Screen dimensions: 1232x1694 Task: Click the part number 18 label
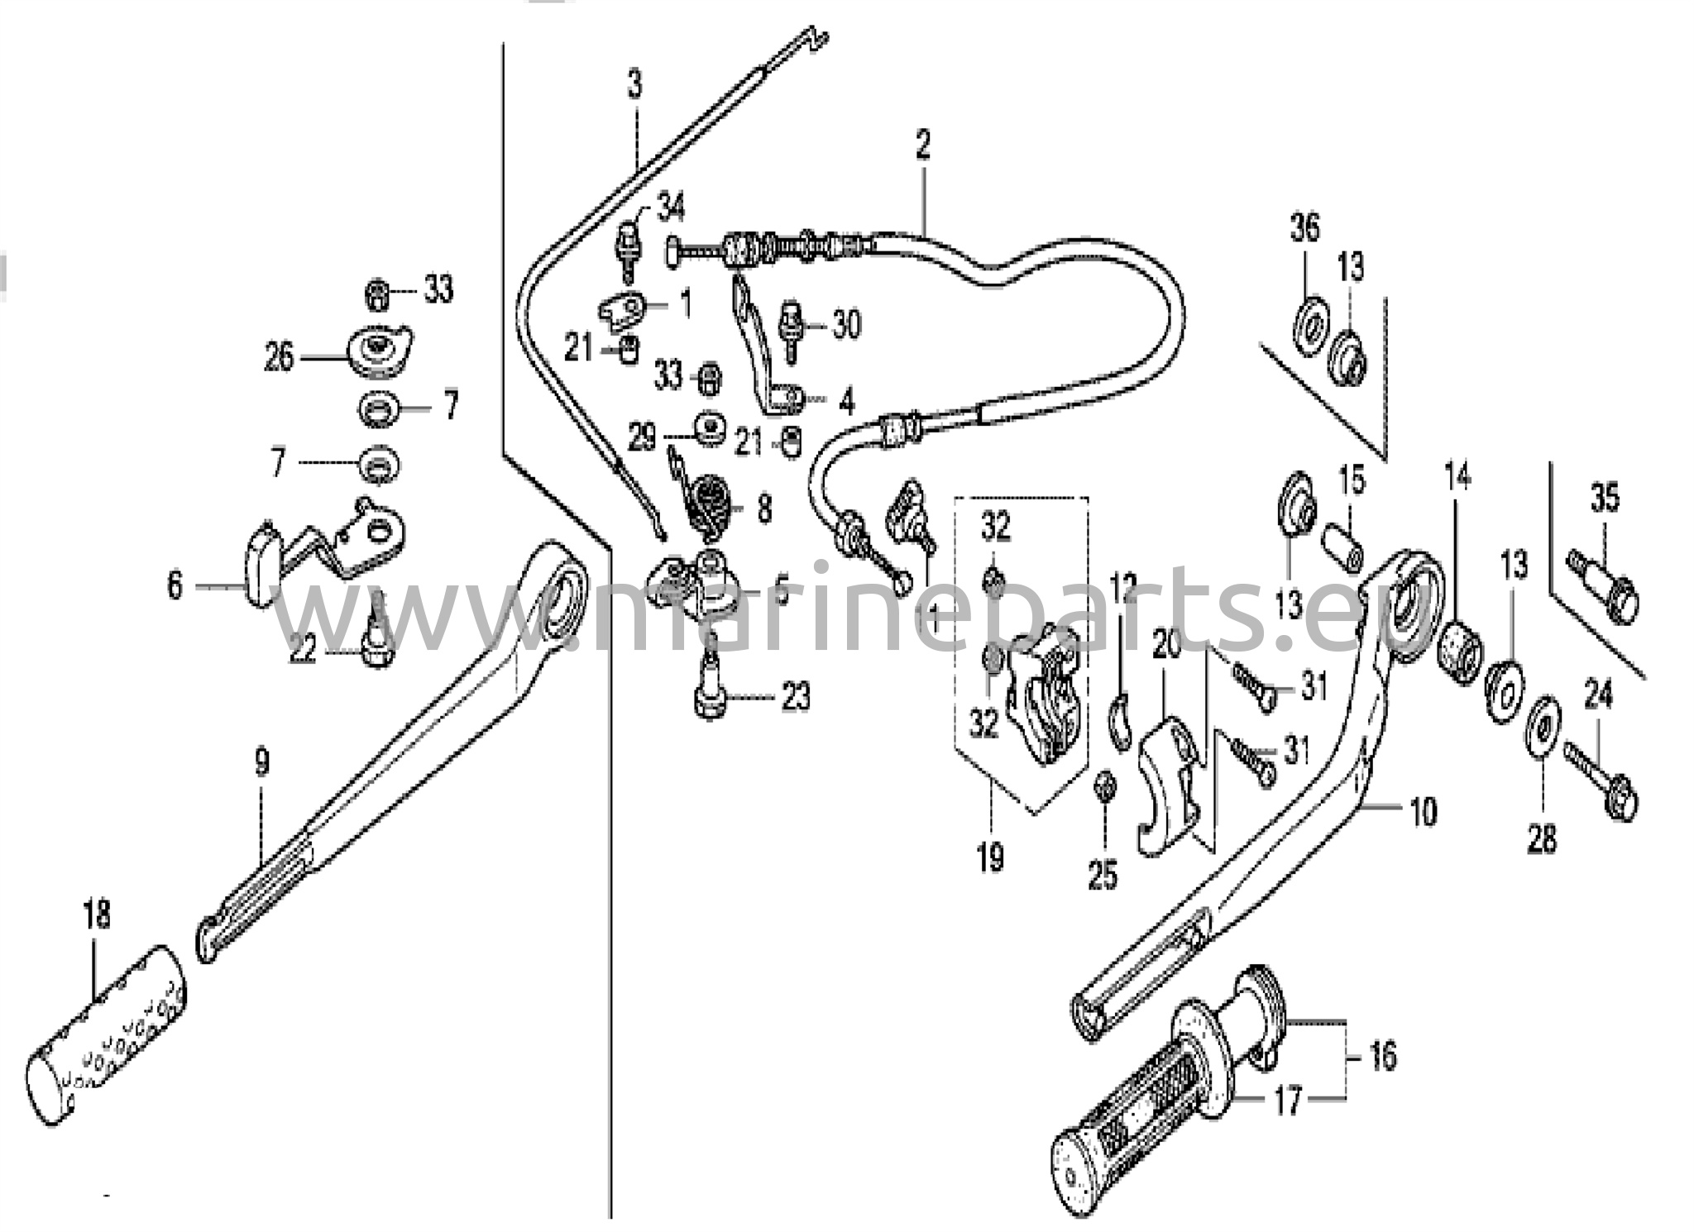pos(97,915)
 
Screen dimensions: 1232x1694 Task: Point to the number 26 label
pos(279,357)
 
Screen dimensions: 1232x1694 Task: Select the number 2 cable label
pos(922,145)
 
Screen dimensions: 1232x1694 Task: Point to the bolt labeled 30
pos(791,328)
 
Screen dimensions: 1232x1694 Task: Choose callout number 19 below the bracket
pos(990,857)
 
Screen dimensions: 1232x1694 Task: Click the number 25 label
pos(1103,874)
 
